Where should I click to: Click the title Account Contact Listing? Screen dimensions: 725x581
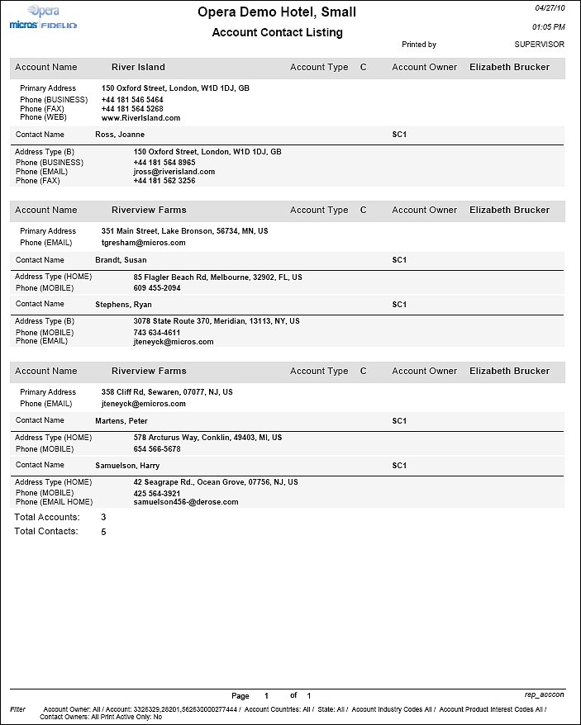(277, 33)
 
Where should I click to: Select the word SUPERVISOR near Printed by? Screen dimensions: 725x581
(539, 45)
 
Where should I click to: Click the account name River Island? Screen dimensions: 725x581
(138, 67)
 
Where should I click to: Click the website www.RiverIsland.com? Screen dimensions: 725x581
(140, 118)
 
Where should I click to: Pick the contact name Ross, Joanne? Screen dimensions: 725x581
(120, 135)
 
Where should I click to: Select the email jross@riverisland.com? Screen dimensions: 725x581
(174, 172)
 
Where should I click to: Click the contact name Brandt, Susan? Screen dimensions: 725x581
(121, 260)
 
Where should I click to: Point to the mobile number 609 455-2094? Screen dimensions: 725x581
(157, 288)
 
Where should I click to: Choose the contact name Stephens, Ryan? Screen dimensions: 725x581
(124, 305)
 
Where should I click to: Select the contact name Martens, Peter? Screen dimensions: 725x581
(121, 421)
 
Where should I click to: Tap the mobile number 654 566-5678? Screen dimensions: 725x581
(157, 449)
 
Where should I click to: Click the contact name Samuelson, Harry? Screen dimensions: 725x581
(126, 466)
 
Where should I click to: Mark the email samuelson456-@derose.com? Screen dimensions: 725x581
(185, 502)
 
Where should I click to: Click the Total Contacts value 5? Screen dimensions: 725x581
(103, 532)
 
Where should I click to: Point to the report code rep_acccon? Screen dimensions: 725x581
(544, 695)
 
